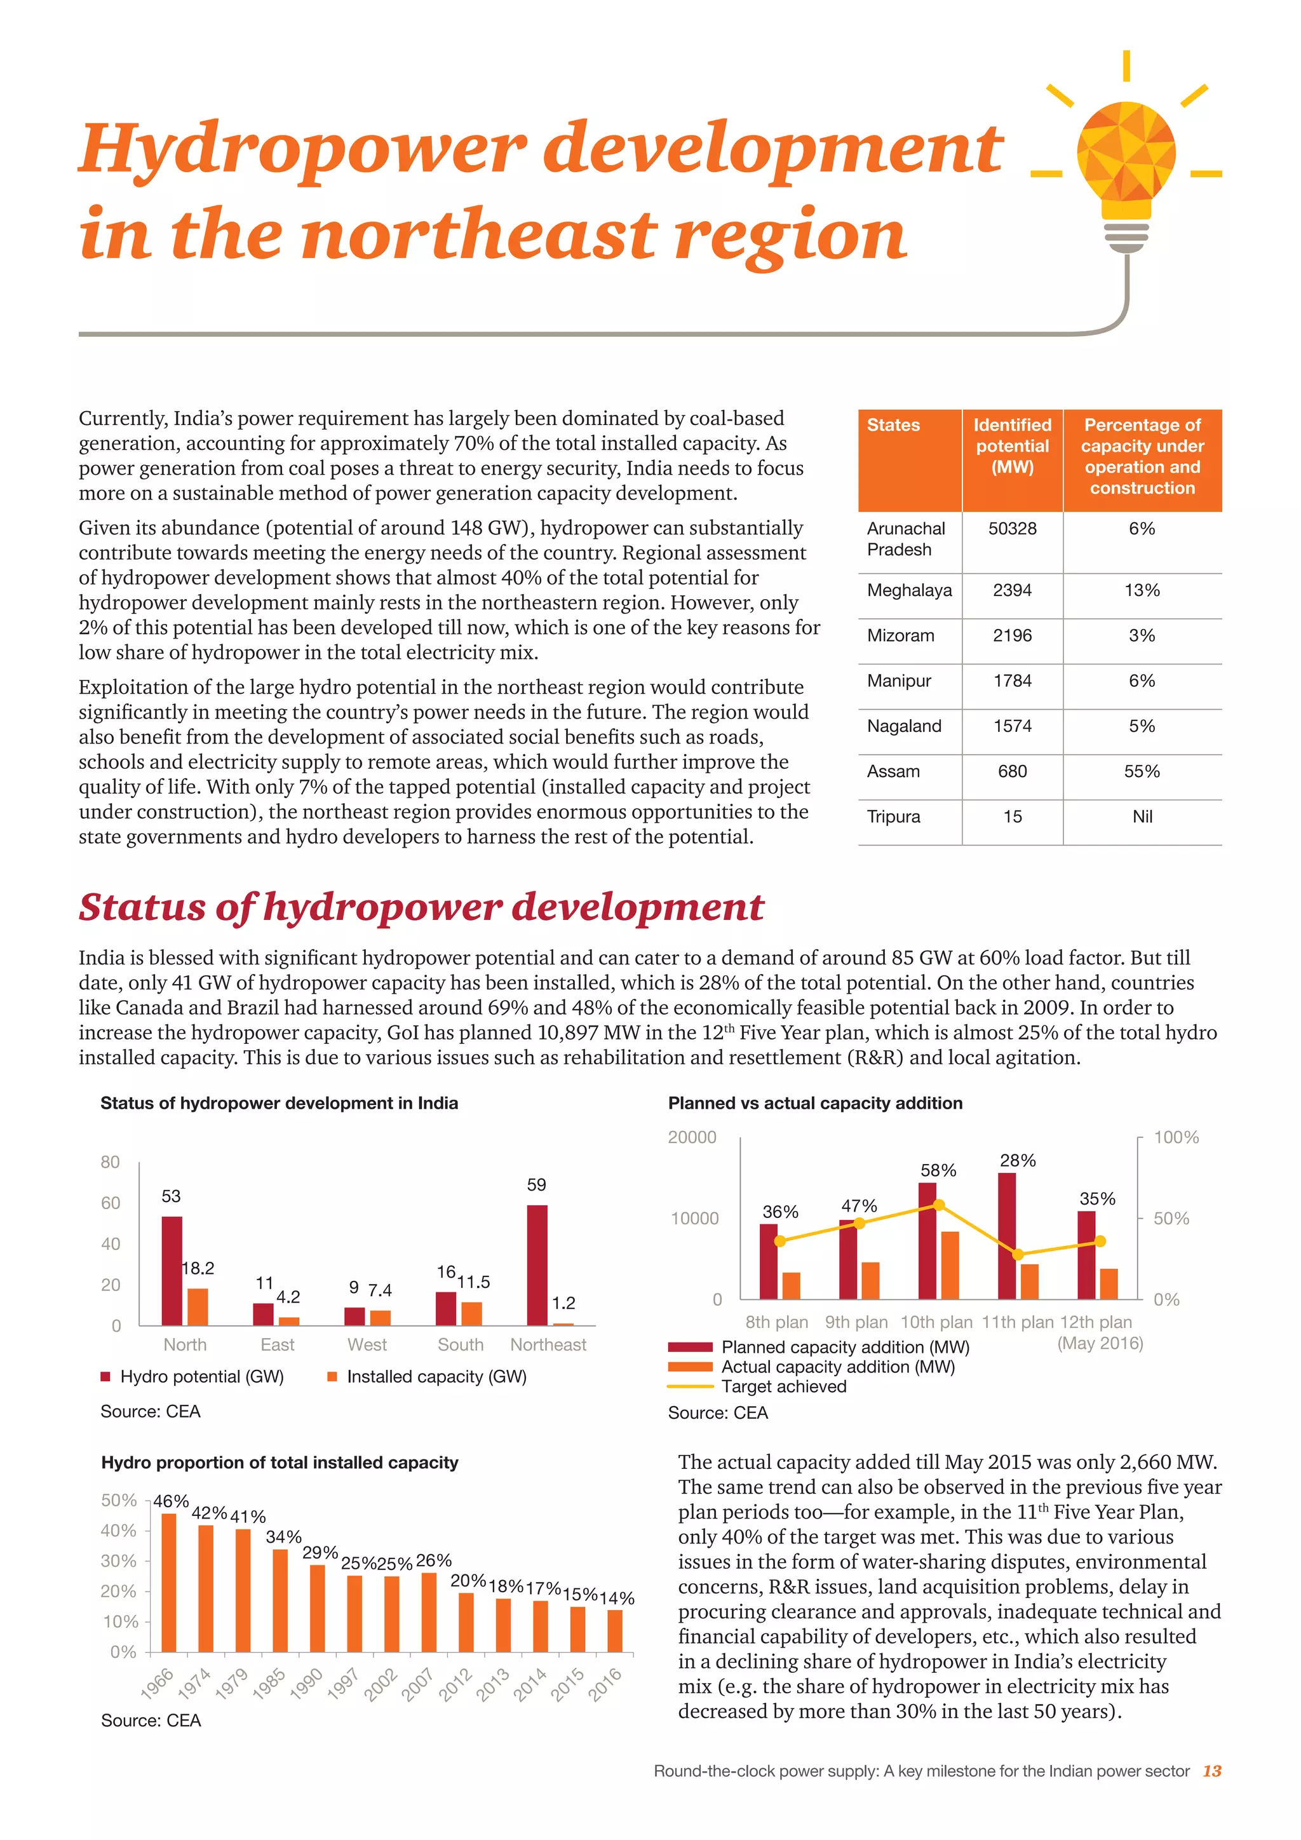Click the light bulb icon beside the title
coord(1126,160)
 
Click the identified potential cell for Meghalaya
coord(1012,591)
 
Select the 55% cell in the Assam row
coord(1142,772)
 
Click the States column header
coord(893,426)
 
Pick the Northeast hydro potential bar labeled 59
coord(537,1266)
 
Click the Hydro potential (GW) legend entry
coord(192,1377)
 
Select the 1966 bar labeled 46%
coord(169,1582)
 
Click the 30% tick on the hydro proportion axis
coord(119,1561)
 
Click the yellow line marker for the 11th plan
coord(1018,1255)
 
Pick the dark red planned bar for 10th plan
coord(927,1241)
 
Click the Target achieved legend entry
coord(783,1387)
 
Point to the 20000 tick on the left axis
coord(692,1138)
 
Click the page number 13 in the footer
coord(1212,1771)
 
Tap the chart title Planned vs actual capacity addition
coord(815,1104)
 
